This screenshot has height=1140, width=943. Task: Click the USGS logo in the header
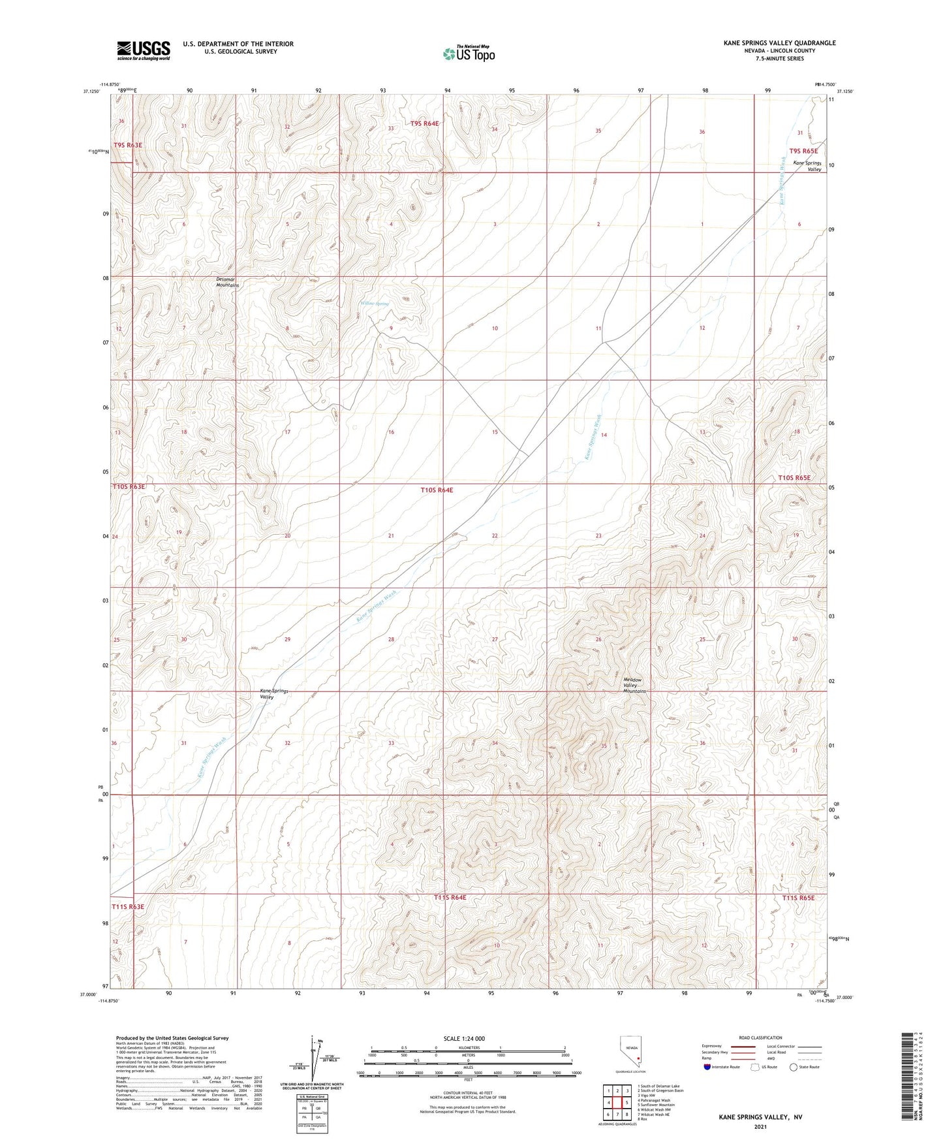[143, 50]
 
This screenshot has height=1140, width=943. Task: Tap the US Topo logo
[469, 54]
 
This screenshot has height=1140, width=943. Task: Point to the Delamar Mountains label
[228, 283]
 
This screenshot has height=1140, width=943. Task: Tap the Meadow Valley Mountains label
[634, 685]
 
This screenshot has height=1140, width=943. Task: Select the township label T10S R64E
[437, 490]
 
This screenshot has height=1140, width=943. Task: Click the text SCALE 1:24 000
[464, 1039]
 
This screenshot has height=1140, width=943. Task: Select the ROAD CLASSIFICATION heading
[760, 1037]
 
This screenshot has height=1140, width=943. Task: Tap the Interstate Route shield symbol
[707, 1067]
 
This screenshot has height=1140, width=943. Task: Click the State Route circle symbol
[794, 1067]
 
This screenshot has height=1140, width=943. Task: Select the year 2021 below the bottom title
[760, 1126]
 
